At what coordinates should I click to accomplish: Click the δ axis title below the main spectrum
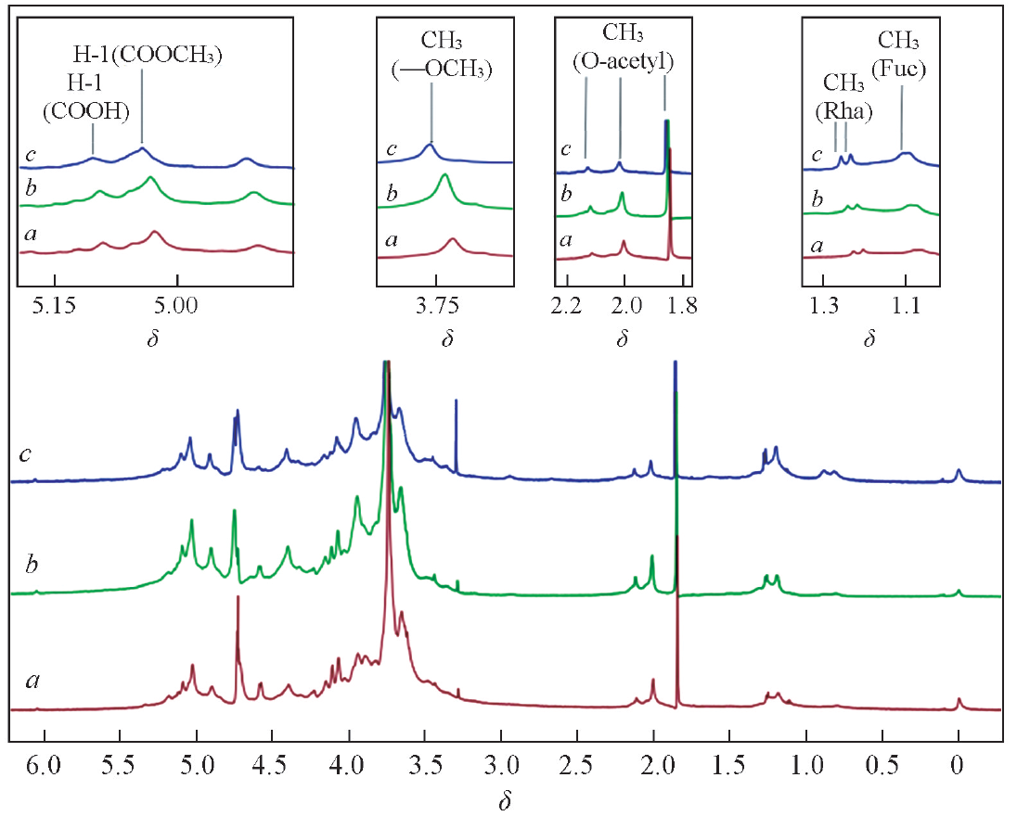tap(506, 801)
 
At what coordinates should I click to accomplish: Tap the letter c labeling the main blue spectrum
tap(28, 455)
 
